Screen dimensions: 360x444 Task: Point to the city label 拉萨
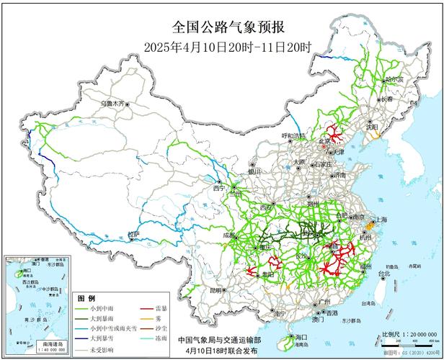(x=132, y=234)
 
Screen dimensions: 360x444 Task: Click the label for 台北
(x=384, y=274)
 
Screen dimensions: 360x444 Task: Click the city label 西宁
(x=219, y=187)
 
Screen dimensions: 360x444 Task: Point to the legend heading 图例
(x=86, y=297)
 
